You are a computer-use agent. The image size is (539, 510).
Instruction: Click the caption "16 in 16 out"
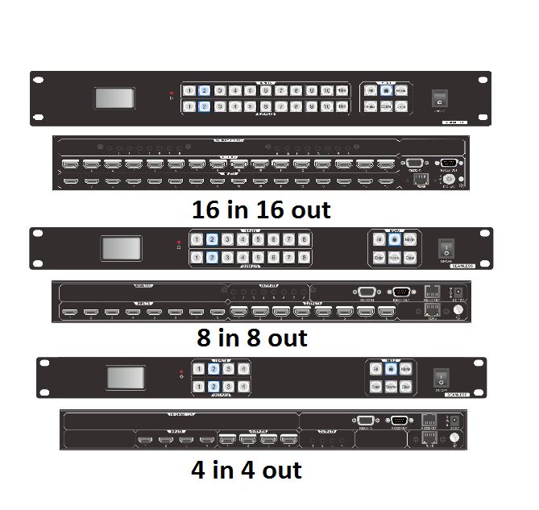[x=261, y=209]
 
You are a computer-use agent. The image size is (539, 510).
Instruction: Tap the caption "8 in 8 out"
[x=252, y=337]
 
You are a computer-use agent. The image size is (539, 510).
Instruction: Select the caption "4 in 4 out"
[x=246, y=469]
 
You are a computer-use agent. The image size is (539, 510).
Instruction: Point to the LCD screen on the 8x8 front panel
[x=120, y=249]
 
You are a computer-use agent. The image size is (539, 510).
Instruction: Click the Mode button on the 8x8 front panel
[x=410, y=240]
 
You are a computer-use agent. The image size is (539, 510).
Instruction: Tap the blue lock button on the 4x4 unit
[x=391, y=369]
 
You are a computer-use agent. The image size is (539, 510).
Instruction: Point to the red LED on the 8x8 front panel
[x=179, y=241]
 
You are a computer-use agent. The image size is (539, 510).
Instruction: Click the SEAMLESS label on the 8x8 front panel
[x=462, y=265]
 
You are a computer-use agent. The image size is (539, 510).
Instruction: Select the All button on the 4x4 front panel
[x=375, y=369]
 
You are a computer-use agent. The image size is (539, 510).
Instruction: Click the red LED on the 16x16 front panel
[x=171, y=94]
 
